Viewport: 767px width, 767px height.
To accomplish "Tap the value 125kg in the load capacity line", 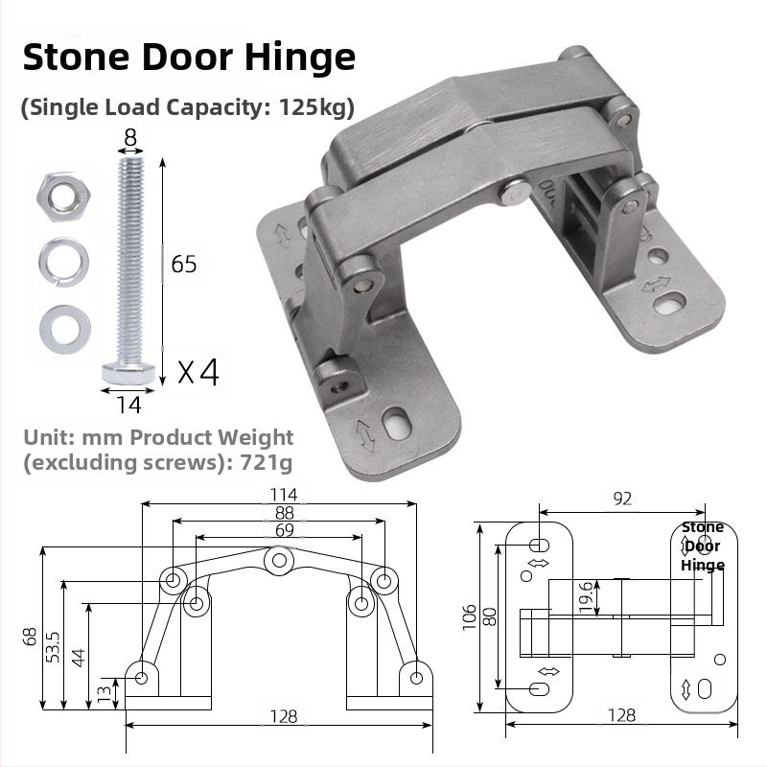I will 315,106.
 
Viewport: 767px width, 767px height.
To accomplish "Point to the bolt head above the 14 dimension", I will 128,372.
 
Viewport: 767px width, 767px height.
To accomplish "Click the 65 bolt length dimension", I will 183,264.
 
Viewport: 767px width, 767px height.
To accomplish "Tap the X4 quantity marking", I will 198,371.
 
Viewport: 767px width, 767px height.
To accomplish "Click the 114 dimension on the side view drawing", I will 284,495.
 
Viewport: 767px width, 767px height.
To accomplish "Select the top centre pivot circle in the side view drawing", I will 279,558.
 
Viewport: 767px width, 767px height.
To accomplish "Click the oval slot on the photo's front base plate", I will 393,421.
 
